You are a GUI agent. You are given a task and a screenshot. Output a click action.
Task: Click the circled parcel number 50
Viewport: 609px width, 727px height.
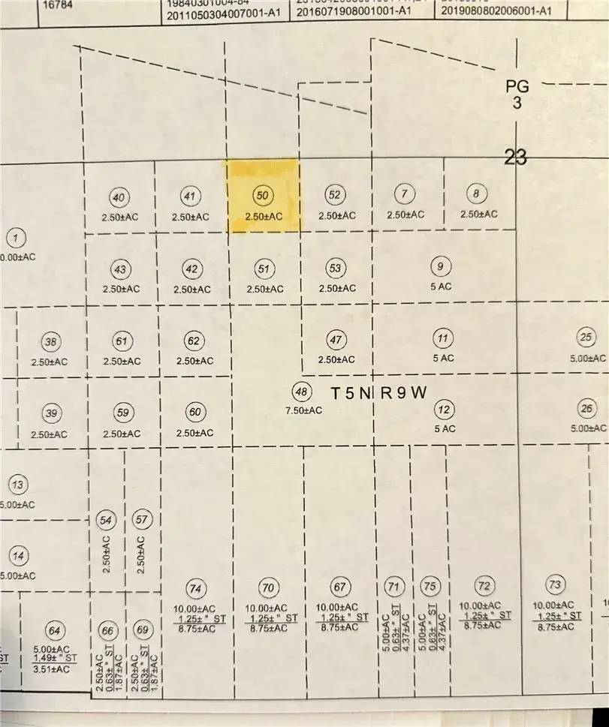point(263,195)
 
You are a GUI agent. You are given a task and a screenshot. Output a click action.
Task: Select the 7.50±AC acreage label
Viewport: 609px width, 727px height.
point(303,410)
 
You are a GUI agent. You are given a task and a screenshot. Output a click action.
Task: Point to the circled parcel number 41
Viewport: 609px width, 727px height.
point(190,196)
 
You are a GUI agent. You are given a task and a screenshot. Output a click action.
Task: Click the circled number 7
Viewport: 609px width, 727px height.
point(405,194)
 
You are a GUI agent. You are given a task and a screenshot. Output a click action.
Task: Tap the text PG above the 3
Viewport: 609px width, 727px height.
point(517,88)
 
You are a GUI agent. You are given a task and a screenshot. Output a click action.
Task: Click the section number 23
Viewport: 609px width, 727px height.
point(516,157)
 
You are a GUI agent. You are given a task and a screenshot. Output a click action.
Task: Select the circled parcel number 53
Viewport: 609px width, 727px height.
point(336,267)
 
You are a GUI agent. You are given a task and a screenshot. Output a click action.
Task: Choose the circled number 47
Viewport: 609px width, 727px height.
point(336,339)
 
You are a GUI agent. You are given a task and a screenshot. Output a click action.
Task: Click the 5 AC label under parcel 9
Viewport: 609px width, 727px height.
point(444,287)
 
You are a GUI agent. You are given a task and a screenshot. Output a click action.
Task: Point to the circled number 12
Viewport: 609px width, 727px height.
point(445,410)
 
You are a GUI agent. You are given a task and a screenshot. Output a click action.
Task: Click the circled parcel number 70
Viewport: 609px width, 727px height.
point(267,586)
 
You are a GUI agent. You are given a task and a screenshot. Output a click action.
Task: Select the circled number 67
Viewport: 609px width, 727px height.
point(340,586)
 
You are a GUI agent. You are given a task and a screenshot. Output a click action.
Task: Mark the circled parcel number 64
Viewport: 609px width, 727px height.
point(53,629)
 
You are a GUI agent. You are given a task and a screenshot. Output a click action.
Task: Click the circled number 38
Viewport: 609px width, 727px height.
point(51,343)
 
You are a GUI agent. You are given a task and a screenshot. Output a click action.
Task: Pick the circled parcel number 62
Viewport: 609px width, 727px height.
point(194,341)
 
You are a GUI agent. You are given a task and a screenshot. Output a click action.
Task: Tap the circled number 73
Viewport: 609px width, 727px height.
point(555,584)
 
